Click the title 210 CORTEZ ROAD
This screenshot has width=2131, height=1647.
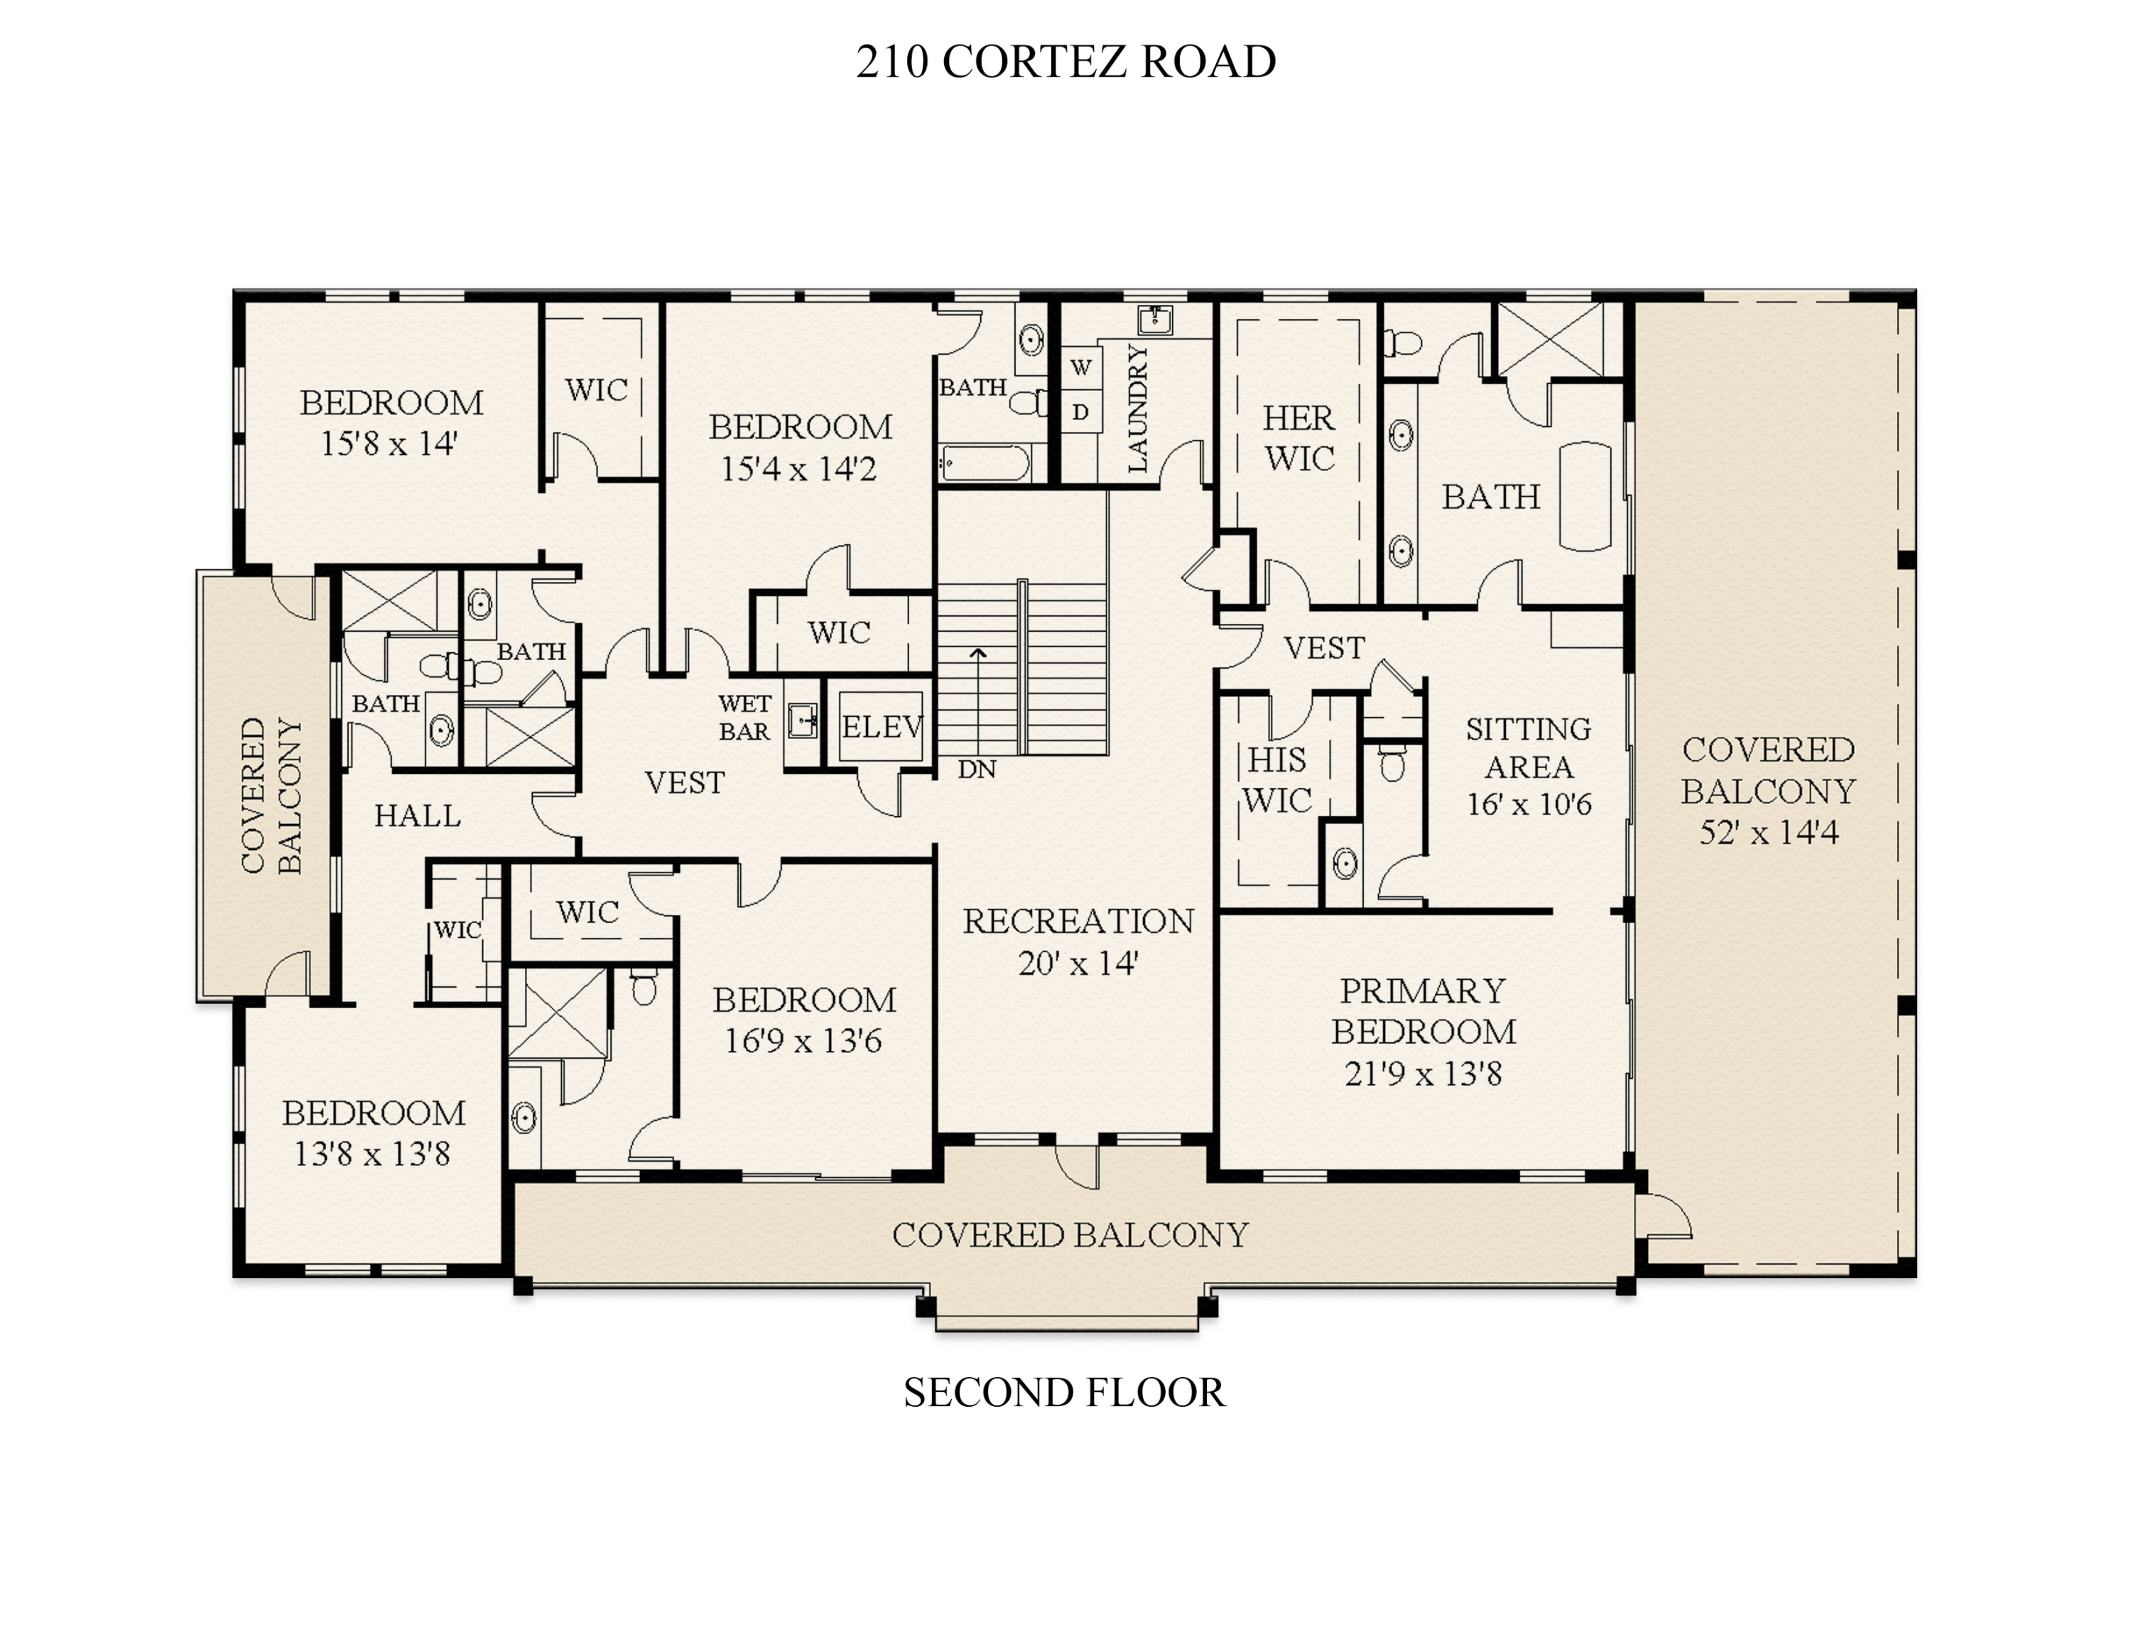click(1065, 62)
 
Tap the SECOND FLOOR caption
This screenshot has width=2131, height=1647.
click(1063, 1393)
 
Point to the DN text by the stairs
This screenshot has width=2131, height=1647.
click(977, 769)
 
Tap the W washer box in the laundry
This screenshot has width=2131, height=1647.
click(1080, 368)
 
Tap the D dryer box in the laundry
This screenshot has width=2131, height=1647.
click(1080, 413)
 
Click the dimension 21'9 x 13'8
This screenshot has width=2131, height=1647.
click(1424, 1074)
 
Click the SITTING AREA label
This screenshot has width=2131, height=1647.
click(1529, 747)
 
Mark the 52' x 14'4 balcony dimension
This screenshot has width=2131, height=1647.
click(1768, 832)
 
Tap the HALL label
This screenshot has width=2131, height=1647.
click(418, 816)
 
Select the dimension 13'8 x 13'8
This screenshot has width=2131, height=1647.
click(373, 1155)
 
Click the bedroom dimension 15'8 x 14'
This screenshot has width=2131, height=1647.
click(389, 444)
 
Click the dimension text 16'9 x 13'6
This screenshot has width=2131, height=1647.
click(803, 1041)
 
